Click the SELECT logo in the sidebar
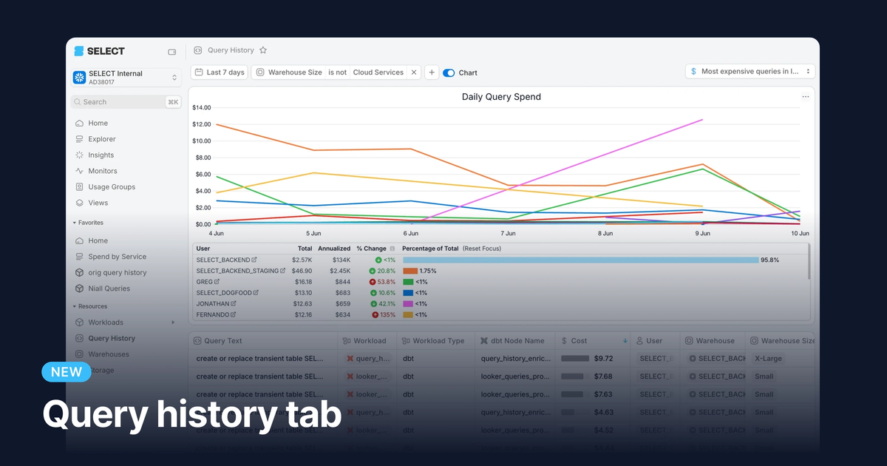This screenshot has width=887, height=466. pos(99,51)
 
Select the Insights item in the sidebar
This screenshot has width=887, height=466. pos(101,155)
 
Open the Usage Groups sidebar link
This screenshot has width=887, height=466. pos(111,187)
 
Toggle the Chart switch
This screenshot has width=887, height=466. pos(449,73)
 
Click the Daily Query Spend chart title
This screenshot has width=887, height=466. pos(501,97)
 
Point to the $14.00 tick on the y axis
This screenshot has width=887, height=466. pos(202,108)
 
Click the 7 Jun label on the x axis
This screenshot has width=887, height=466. pos(508,233)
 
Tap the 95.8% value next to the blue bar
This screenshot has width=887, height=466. pos(769,260)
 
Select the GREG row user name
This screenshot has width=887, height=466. pos(204,282)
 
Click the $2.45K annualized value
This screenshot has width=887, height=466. pos(339,271)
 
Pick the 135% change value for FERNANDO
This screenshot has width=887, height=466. pos(387,314)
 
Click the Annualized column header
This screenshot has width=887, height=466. pos(334,249)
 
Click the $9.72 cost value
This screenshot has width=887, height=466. pos(603,358)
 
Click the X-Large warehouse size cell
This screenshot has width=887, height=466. pos(768,358)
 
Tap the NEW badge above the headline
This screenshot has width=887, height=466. pos(67,372)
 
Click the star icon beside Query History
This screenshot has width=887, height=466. pos(263,50)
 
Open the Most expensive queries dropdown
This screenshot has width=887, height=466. pos(750,72)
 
